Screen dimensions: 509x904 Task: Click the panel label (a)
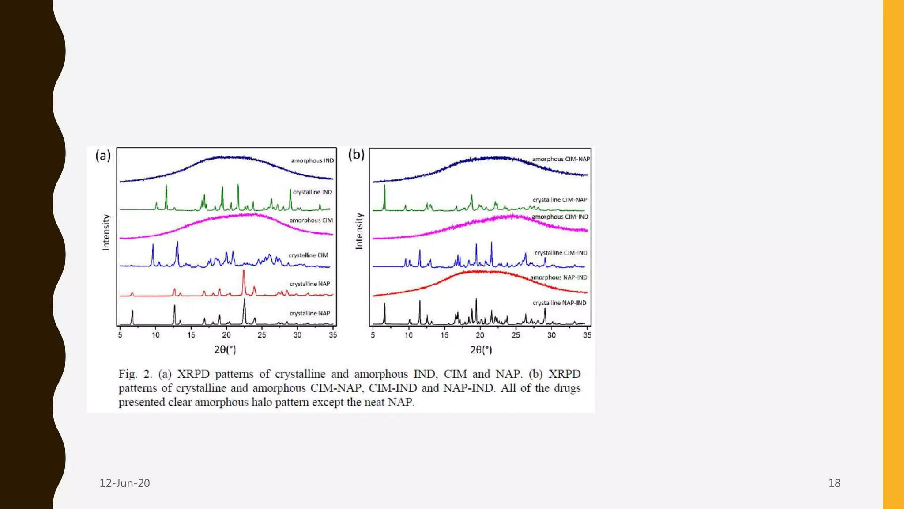103,156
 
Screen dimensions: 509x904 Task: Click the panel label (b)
356,155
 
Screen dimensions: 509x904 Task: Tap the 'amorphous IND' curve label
312,160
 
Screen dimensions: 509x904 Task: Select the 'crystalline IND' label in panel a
312,192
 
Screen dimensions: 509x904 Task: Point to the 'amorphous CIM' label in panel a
311,220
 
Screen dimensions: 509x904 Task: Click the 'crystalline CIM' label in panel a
308,255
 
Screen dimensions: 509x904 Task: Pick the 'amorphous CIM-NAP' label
561,159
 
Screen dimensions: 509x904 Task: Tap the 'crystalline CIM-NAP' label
560,200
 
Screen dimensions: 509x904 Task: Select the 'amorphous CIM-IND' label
560,217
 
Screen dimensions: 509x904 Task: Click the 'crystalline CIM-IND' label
561,253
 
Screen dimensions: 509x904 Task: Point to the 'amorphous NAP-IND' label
558,277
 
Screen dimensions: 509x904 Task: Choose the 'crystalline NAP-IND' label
559,303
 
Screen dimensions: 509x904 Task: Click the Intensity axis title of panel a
106,232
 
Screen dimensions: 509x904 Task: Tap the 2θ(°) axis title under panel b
481,350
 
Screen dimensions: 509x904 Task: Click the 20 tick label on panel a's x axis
226,335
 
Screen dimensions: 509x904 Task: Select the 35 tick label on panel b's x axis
587,335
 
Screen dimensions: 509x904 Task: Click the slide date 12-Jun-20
124,483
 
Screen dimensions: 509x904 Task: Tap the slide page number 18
834,483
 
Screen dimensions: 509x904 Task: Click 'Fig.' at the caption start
128,374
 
